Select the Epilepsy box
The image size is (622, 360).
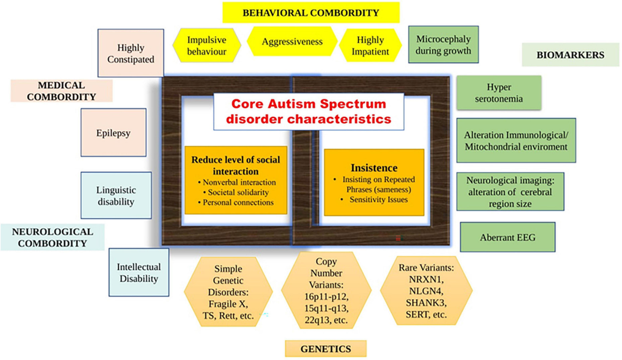coord(113,133)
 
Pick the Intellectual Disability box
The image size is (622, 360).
coord(139,272)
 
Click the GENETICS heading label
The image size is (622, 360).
coord(326,349)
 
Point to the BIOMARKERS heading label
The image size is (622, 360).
coord(570,56)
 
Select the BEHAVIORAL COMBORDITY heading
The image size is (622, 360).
coord(311,12)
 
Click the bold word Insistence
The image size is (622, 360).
coord(374,168)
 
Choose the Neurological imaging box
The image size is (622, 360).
coord(510,191)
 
